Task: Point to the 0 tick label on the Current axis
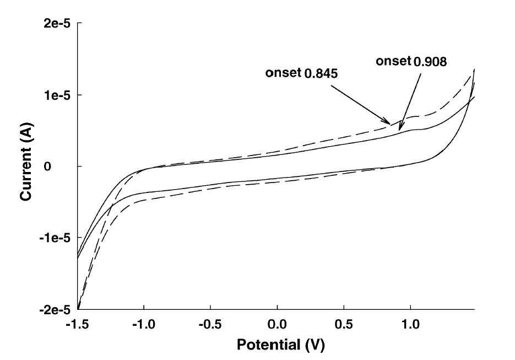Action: pos(47,166)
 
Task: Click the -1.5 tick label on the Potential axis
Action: pos(77,325)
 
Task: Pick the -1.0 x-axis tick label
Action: pos(144,325)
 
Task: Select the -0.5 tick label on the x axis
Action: pos(210,325)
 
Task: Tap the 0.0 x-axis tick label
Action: pos(277,325)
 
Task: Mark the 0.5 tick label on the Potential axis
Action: pos(344,325)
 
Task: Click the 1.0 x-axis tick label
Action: pos(410,325)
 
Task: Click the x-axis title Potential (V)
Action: pos(281,345)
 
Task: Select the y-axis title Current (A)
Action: pos(26,162)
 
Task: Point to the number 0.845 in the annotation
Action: pos(321,74)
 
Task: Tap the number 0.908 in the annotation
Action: pos(430,62)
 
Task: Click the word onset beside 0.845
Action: pos(283,73)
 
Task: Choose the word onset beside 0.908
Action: pos(393,61)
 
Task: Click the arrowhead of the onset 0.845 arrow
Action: pos(388,122)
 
